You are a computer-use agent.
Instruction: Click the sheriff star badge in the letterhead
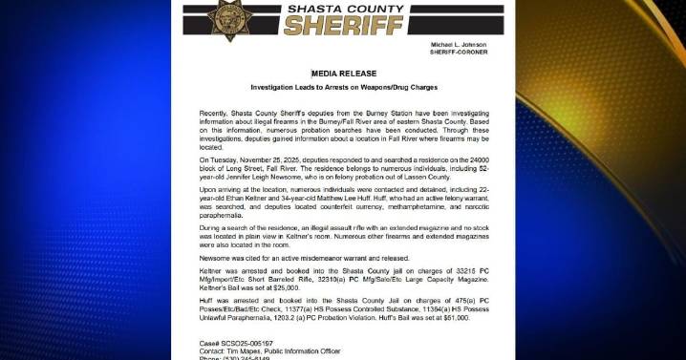coord(227,20)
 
